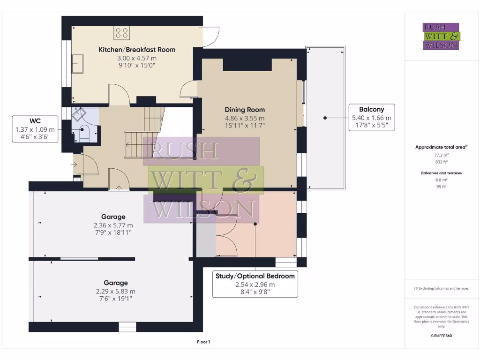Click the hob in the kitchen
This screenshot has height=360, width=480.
pos(121,33)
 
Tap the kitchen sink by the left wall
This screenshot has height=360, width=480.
pos(77,64)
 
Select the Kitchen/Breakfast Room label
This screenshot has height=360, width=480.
pos(137,50)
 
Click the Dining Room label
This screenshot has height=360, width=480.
pos(245,110)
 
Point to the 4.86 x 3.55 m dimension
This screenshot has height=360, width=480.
pos(245,118)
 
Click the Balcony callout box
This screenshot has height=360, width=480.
pos(372,118)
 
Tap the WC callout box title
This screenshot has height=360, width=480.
pos(35,121)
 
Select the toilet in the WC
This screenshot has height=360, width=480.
pos(82,134)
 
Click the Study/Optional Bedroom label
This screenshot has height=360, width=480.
pos(255,276)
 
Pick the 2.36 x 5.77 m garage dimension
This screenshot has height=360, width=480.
pos(113,225)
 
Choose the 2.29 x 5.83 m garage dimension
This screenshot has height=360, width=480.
pos(116,292)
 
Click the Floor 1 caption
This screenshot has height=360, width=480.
pos(203,342)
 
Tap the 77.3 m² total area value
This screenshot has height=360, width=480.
pos(442,155)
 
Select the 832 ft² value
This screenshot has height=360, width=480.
pos(442,162)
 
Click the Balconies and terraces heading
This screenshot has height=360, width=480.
pos(442,173)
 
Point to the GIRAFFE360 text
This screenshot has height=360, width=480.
pos(442,336)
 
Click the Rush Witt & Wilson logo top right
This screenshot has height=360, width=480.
pos(441,36)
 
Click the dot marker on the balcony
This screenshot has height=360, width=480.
pos(325,118)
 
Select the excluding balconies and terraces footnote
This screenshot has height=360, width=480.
pos(442,288)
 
